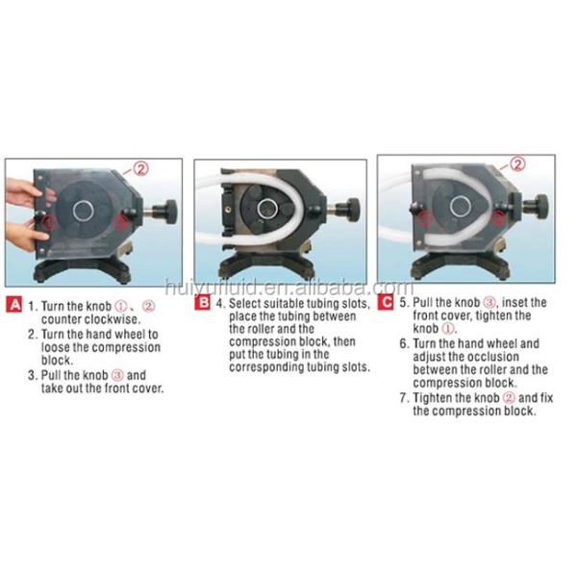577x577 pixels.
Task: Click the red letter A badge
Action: coord(14,305)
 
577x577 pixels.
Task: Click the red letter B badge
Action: coord(202,303)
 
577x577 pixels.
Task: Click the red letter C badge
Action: coord(386,303)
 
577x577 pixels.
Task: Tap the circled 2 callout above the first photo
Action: coord(141,169)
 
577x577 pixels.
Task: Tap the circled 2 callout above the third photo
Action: coord(517,164)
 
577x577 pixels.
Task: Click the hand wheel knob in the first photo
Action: coord(168,213)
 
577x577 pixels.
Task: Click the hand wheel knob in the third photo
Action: coord(539,206)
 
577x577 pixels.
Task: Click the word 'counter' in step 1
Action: coord(62,319)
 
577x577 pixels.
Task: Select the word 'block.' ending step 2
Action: coord(57,360)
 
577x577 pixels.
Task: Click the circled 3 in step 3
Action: coord(117,375)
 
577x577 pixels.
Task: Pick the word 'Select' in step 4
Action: coord(244,304)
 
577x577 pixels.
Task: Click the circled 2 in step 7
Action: coord(509,398)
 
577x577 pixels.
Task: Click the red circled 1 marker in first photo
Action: coord(50,222)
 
